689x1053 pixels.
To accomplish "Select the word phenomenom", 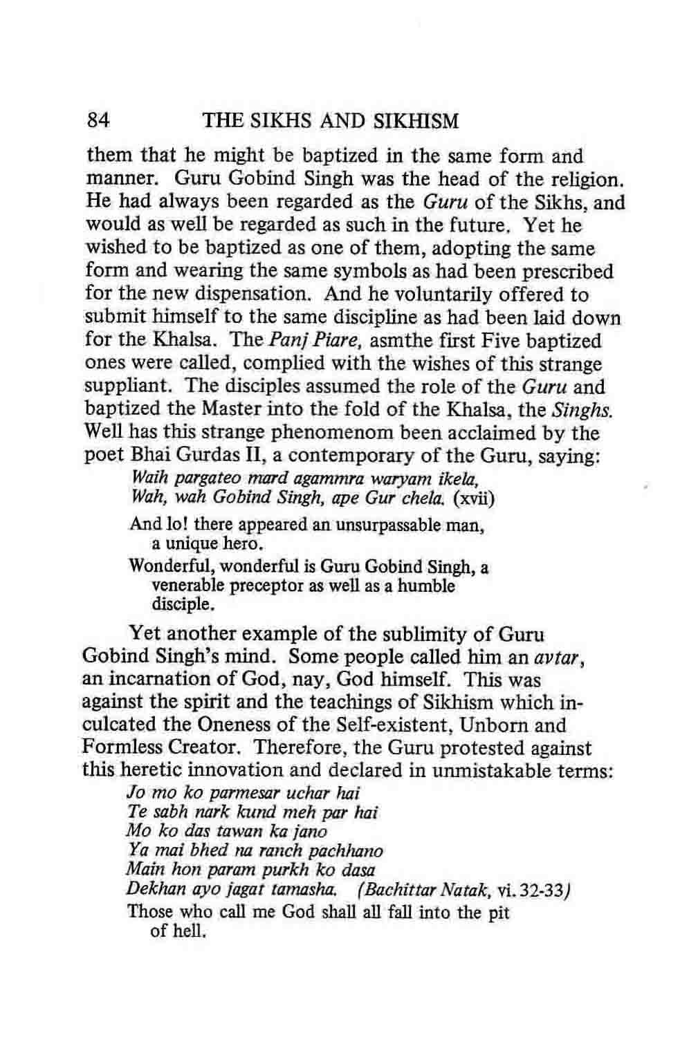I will click(313, 434).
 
